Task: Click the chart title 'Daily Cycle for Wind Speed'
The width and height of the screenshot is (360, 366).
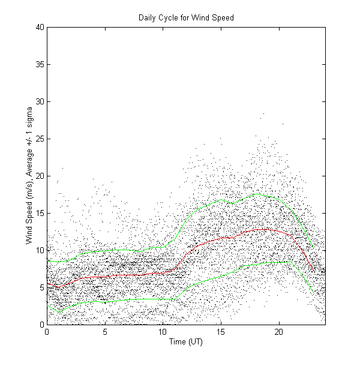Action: click(187, 18)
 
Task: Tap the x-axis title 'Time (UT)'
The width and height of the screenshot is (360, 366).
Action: click(187, 342)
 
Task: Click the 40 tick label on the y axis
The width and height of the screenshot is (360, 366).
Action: click(40, 27)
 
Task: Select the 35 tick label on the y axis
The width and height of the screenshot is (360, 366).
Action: click(40, 64)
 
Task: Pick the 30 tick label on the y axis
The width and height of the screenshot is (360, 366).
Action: click(40, 101)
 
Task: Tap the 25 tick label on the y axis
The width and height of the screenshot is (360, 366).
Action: click(40, 139)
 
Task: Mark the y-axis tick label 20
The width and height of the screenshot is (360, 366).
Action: click(40, 176)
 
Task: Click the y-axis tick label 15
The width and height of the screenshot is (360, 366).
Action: click(40, 213)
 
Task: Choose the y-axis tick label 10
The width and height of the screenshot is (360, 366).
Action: click(40, 250)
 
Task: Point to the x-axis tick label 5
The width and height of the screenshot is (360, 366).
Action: click(105, 331)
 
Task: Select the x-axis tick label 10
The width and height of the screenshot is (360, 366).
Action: click(163, 331)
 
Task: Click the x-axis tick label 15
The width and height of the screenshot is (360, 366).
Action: click(221, 331)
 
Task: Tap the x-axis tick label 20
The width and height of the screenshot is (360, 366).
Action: click(279, 331)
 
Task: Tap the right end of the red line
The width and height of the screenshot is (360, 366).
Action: click(314, 271)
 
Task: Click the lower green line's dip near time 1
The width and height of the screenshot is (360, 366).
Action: click(58, 313)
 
